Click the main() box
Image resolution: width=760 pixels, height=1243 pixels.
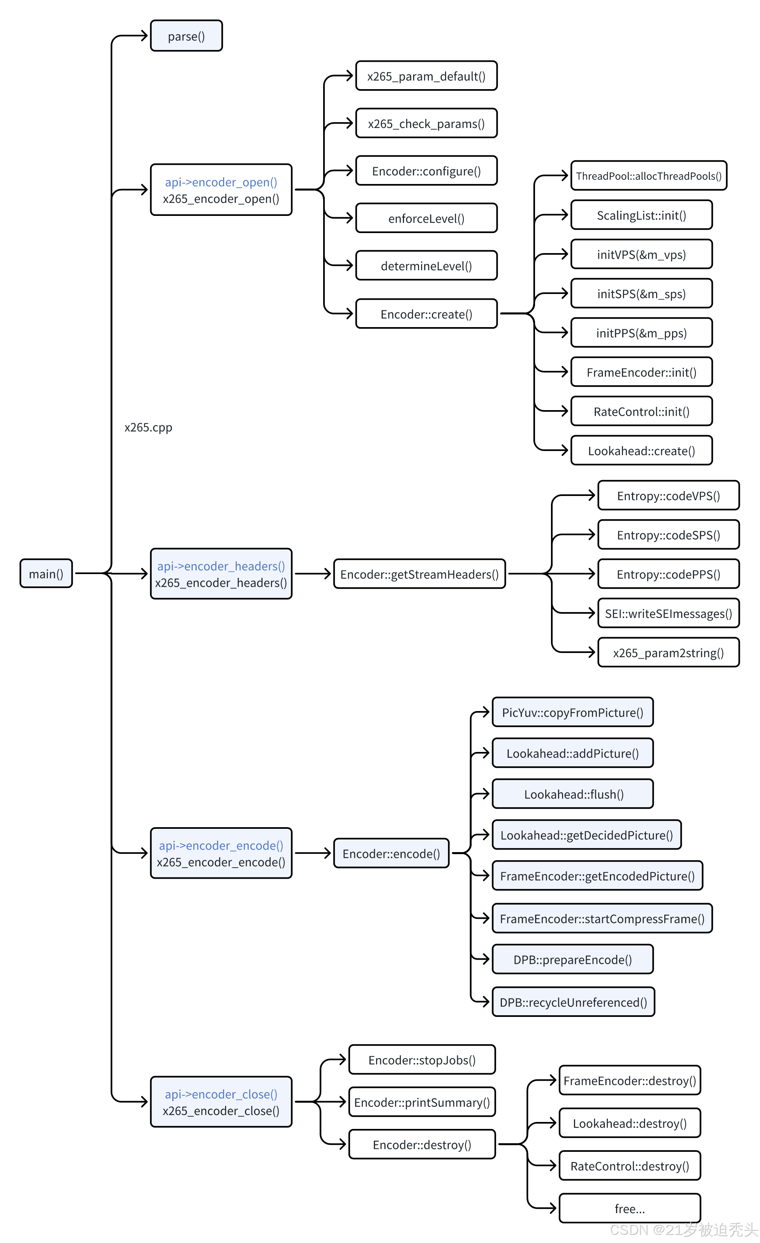pos(46,574)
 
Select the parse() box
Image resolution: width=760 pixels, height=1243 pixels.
pos(186,36)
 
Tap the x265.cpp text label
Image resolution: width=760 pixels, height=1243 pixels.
pos(148,427)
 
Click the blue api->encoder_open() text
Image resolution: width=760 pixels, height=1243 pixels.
pos(221,182)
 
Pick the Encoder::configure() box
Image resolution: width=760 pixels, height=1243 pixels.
pos(427,171)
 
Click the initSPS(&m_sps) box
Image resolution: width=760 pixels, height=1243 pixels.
pos(641,294)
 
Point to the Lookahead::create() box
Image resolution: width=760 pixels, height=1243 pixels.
pos(641,451)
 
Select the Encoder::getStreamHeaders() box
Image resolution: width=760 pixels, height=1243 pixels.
pos(419,574)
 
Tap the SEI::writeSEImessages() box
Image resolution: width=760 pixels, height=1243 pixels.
pos(668,613)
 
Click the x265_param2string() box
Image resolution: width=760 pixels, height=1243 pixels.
pos(668,653)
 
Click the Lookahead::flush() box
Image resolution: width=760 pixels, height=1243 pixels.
pos(573,794)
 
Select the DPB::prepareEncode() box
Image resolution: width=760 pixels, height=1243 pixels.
pos(573,960)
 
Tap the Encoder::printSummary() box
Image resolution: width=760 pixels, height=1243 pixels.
pos(422,1102)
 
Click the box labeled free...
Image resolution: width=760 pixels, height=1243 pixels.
pos(630,1209)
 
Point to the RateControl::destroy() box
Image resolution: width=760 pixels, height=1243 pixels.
pos(630,1166)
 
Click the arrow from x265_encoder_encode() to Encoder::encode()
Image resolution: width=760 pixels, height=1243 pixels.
pos(313,853)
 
